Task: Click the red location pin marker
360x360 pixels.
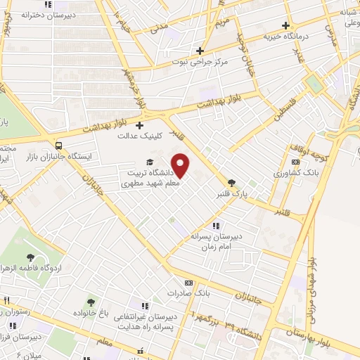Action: (181, 165)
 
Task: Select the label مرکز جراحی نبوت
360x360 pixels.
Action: (204, 61)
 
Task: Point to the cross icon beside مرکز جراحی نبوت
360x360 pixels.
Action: (200, 51)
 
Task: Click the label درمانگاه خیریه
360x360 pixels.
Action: (286, 35)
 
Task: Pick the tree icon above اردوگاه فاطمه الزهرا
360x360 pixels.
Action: (30, 258)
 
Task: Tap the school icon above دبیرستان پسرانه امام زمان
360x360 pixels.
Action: (216, 226)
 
